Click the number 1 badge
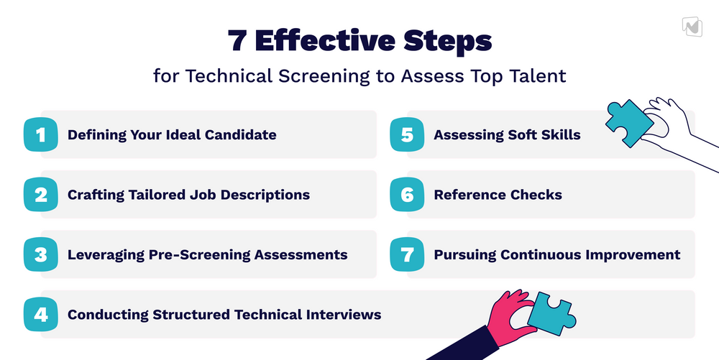pyautogui.click(x=40, y=134)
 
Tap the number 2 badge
pyautogui.click(x=40, y=194)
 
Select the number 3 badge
pyautogui.click(x=40, y=254)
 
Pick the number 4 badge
pyautogui.click(x=40, y=314)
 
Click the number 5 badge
pyautogui.click(x=407, y=134)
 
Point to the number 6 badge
pyautogui.click(x=407, y=194)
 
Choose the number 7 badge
pyautogui.click(x=407, y=254)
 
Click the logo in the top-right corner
pyautogui.click(x=692, y=25)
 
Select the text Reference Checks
pyautogui.click(x=498, y=194)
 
